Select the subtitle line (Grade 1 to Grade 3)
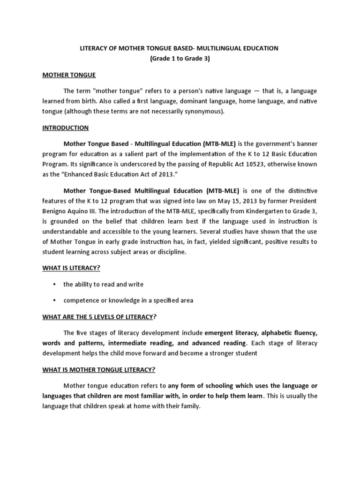[x=180, y=58]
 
